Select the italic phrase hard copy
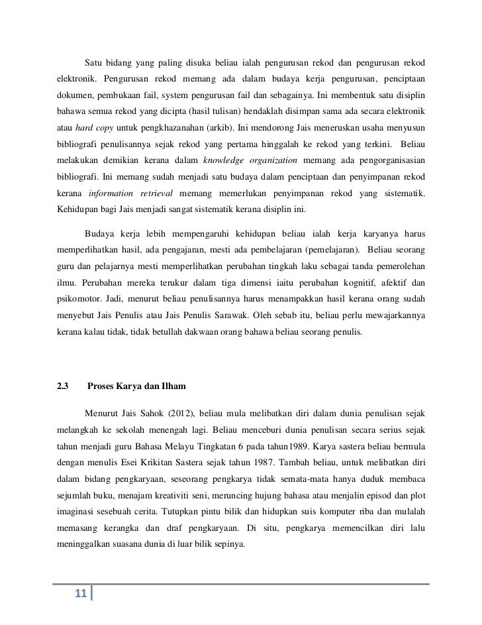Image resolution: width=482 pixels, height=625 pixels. tap(93, 126)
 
